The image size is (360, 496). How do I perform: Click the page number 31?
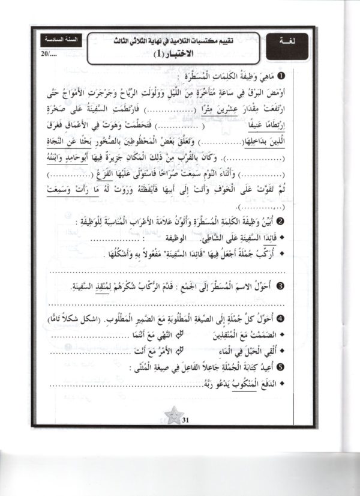pos(185,420)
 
